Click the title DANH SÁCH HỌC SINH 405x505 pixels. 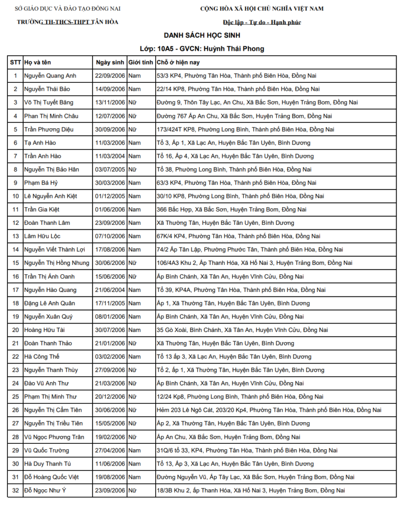coord(202,36)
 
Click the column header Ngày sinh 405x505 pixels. coord(110,63)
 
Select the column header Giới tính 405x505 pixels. coord(140,63)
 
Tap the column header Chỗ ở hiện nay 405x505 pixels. coord(178,63)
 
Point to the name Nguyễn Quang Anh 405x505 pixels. coord(50,76)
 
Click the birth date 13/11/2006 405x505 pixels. coord(110,103)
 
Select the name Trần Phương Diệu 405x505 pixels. coord(49,129)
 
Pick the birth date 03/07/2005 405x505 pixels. coord(110,169)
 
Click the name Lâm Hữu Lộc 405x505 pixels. coord(43,236)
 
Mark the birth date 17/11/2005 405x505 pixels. coord(110,303)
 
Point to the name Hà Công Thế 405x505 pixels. coord(42,357)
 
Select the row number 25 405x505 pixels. coord(15,397)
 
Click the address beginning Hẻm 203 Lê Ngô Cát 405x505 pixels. coord(269,410)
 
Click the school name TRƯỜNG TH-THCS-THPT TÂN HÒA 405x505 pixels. coord(67,22)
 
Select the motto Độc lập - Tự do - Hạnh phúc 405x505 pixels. coord(262,22)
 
